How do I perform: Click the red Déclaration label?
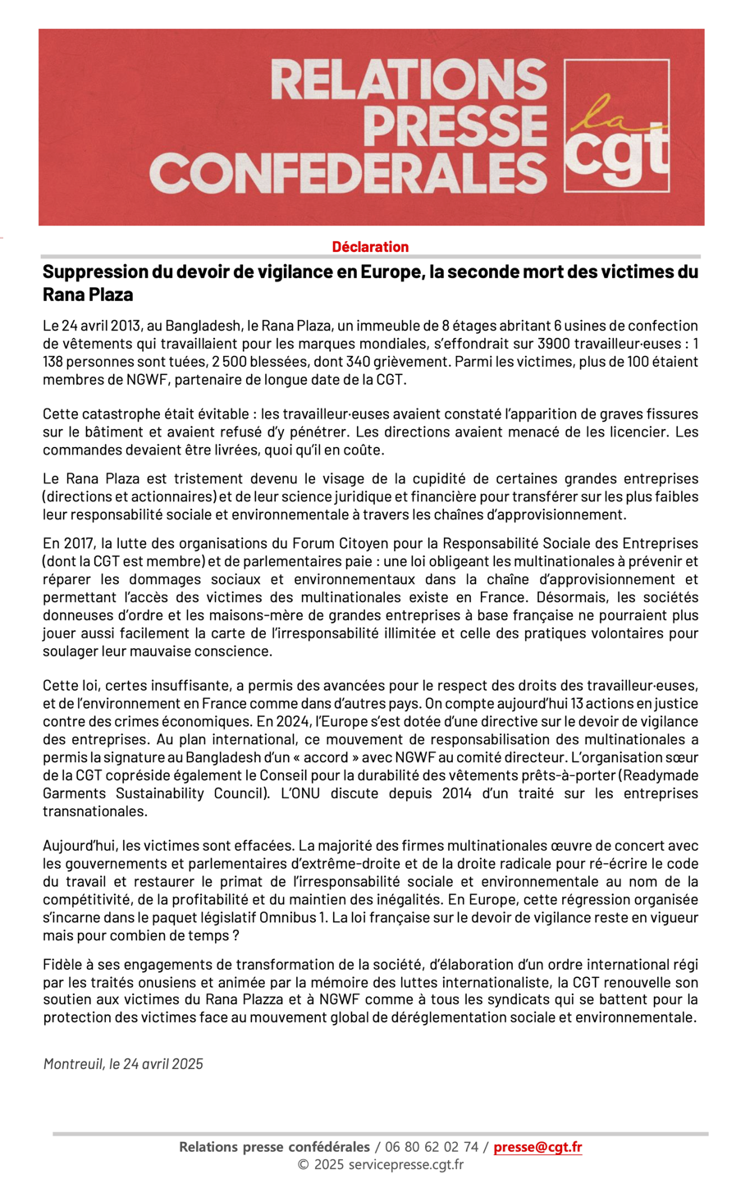pos(370,247)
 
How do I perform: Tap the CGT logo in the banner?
pos(616,126)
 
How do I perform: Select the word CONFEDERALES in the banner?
pos(348,173)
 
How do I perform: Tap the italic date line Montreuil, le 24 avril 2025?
pos(123,1064)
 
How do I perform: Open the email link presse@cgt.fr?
pos(537,1147)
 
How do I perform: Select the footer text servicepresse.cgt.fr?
pos(405,1164)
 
